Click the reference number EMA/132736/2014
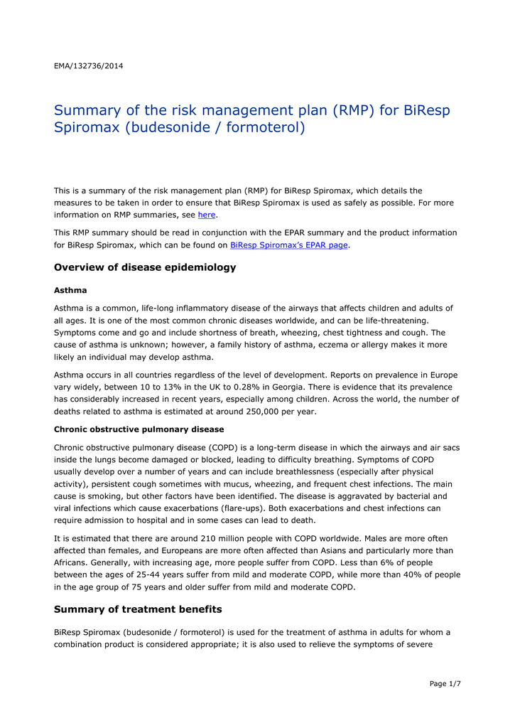(x=88, y=66)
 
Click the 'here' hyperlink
(x=206, y=215)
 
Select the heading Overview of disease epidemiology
(x=145, y=268)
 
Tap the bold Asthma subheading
(x=70, y=290)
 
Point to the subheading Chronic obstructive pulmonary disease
(x=139, y=429)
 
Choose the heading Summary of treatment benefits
(x=138, y=609)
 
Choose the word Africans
(x=73, y=562)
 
